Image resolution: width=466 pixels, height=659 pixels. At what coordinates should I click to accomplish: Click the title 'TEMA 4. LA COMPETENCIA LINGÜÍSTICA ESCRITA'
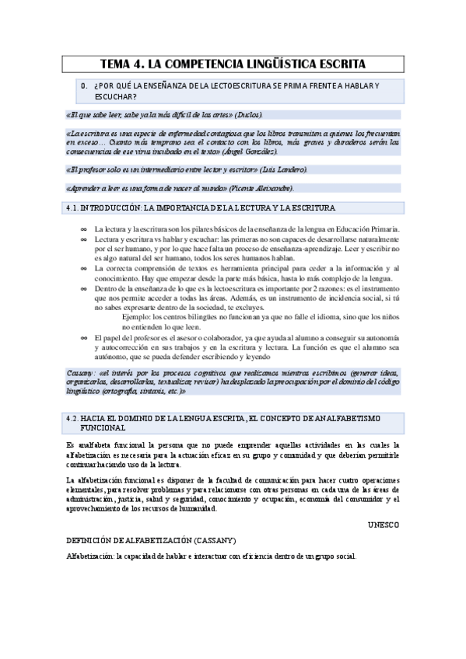(x=233, y=64)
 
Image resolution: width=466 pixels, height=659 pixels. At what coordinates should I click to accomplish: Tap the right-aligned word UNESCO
(x=383, y=525)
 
